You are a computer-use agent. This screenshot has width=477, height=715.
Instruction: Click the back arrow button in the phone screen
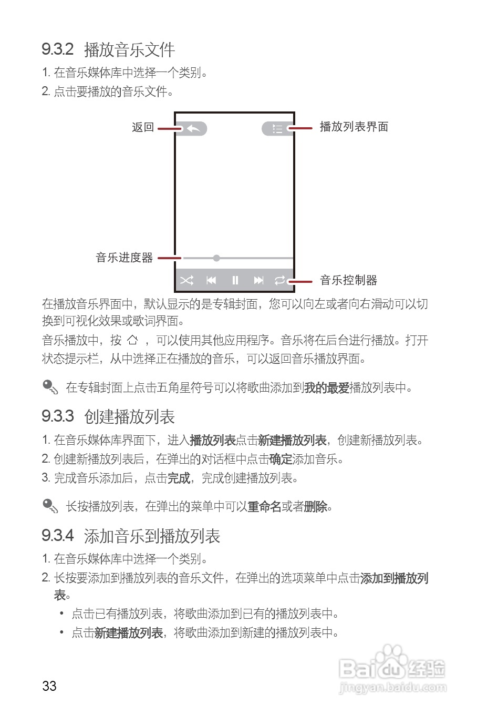point(193,128)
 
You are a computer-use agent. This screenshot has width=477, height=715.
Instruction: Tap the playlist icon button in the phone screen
point(277,128)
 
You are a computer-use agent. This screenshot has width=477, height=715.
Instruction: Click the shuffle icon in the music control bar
point(186,280)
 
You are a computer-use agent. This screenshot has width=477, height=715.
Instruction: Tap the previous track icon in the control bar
point(211,280)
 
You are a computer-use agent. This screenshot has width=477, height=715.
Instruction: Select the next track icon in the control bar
point(258,280)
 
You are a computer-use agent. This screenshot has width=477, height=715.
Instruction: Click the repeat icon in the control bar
point(280,280)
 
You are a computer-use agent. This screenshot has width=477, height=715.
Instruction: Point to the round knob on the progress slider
point(216,258)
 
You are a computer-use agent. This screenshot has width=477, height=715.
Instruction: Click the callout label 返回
point(143,127)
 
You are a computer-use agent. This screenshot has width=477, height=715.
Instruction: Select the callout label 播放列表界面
point(354,127)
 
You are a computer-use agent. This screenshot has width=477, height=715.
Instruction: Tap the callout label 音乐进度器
point(125,258)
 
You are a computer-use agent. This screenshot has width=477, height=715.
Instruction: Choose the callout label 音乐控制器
point(349,280)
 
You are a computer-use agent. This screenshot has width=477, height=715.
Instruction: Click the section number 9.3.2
point(57,49)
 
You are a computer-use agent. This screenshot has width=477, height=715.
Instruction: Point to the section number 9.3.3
point(57,416)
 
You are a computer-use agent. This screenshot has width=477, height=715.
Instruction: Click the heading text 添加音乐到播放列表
point(152,536)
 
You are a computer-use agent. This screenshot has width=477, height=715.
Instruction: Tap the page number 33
point(49,686)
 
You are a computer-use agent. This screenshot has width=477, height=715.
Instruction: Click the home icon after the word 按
point(133,340)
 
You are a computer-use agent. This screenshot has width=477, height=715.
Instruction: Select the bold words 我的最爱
point(327,388)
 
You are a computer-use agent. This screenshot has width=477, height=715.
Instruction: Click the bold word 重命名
point(264,507)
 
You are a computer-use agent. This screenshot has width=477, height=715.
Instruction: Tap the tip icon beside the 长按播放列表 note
point(50,506)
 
